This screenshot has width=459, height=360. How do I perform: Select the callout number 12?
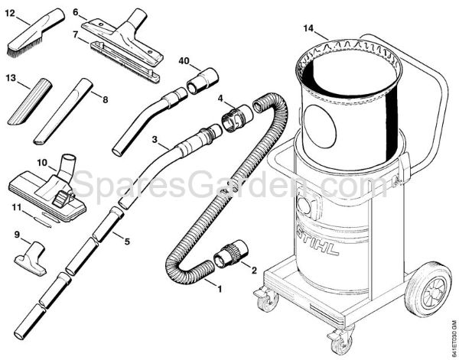click(11, 13)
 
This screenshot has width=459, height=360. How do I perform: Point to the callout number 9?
click(18, 235)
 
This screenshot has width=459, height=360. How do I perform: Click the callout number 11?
click(14, 206)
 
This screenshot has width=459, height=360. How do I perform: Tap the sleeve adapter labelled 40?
click(200, 79)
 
